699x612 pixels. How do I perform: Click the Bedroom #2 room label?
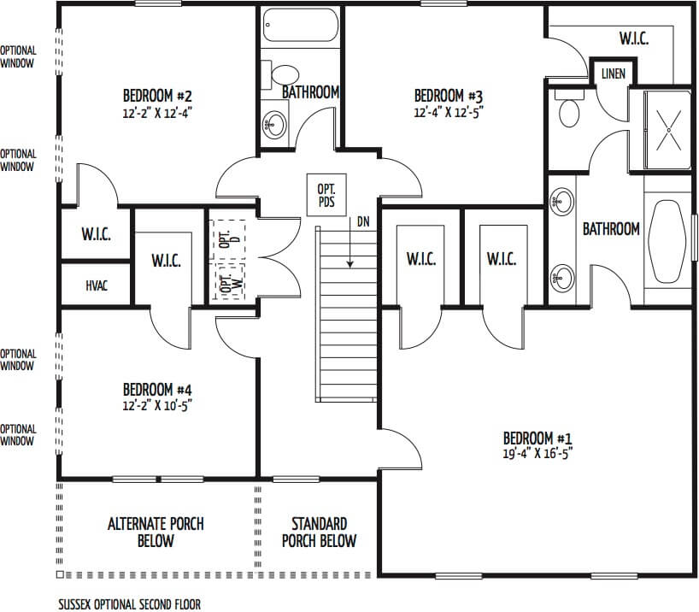click(157, 96)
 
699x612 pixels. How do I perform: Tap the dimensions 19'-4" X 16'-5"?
click(537, 454)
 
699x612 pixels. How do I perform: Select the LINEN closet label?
click(613, 74)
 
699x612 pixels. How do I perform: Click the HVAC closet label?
click(97, 285)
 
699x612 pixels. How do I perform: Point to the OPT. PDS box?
click(326, 196)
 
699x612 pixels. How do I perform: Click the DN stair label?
click(363, 221)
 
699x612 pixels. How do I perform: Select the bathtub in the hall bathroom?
click(301, 26)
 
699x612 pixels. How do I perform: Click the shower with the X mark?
click(668, 130)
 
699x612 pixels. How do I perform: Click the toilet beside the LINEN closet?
click(567, 110)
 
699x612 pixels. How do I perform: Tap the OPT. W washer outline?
click(230, 281)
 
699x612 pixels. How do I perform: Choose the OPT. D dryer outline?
click(229, 239)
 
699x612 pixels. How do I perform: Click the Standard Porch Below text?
click(320, 533)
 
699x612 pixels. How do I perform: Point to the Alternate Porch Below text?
click(156, 533)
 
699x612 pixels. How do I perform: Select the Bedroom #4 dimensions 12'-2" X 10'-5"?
click(157, 406)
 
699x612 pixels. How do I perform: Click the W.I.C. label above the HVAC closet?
click(96, 233)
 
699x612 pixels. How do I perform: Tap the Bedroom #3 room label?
click(449, 96)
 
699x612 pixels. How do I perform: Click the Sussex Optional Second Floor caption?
click(130, 604)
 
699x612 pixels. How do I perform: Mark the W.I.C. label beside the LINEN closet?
click(634, 38)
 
